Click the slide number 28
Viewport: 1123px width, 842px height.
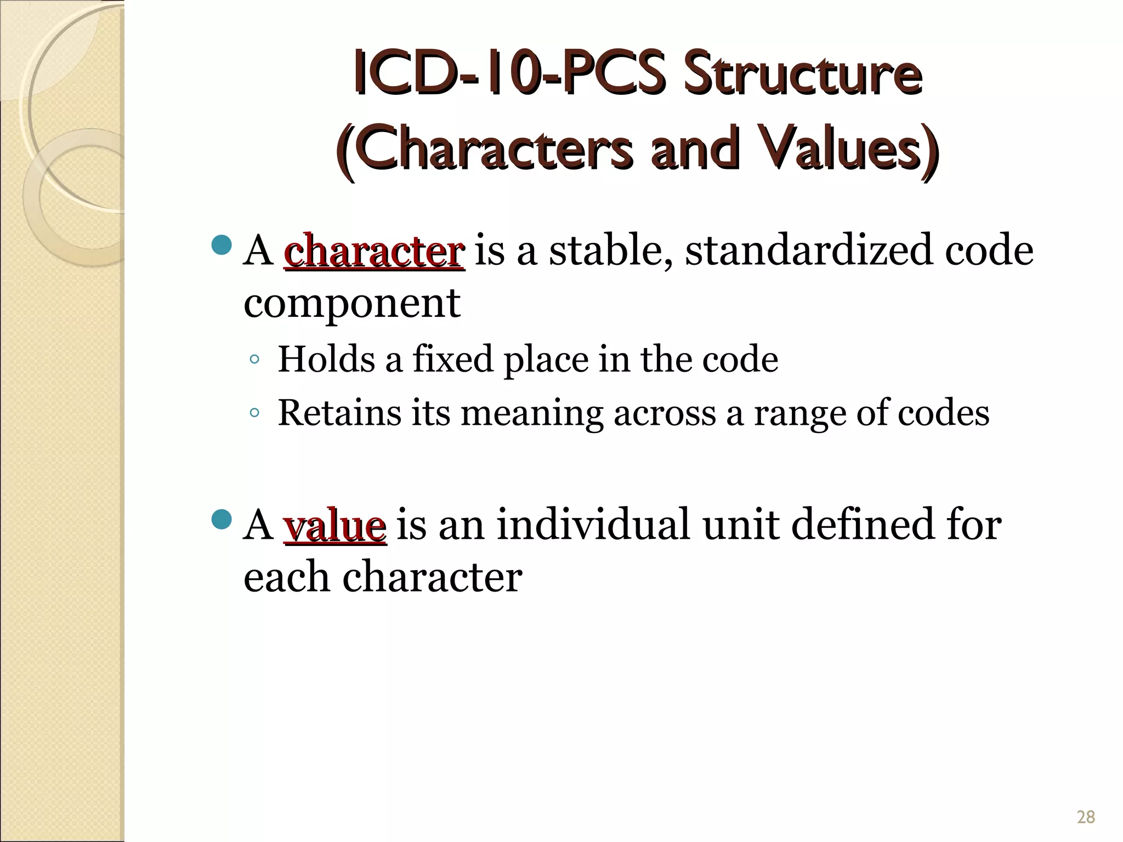[1086, 817]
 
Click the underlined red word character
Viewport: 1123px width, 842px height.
[375, 251]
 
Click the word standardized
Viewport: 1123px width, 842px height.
[809, 250]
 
